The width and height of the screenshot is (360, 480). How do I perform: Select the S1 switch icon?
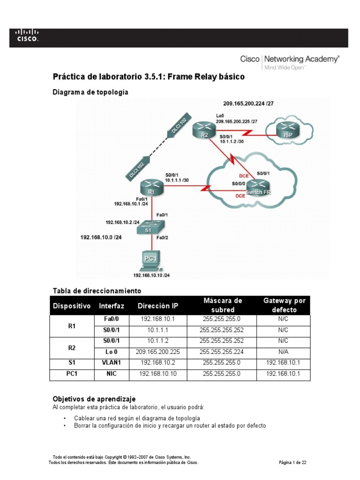pos(150,228)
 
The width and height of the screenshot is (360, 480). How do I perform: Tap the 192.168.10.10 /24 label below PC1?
pos(151,275)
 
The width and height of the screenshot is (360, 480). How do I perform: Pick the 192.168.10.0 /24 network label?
pos(101,238)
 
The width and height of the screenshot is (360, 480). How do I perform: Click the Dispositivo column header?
pos(72,306)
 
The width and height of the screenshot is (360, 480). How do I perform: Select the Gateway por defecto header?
pos(284,305)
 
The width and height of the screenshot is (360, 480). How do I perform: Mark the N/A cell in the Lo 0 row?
pos(284,352)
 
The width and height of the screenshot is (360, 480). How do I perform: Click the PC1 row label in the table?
pos(72,374)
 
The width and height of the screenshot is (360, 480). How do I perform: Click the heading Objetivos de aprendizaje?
pos(93,398)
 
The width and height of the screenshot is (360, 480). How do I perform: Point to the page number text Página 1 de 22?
pos(292,462)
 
